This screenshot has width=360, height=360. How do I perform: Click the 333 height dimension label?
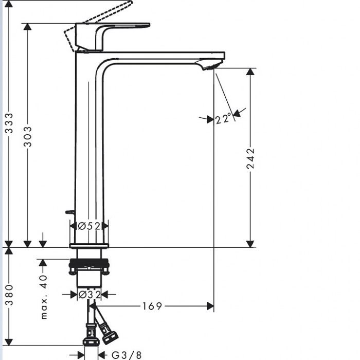[x=9, y=123]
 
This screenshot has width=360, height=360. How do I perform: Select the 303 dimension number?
[x=28, y=136]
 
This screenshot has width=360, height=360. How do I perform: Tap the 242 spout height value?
[x=250, y=158]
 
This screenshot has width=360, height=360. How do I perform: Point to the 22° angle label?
[x=223, y=118]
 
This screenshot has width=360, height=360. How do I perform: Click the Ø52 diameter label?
[x=89, y=226]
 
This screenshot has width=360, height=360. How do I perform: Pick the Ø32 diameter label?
[x=89, y=295]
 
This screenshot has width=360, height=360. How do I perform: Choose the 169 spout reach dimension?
[x=152, y=306]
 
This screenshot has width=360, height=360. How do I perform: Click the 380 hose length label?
[x=9, y=295]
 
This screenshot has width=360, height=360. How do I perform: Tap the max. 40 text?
[x=44, y=297]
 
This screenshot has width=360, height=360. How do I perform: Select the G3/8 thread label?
[x=127, y=355]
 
